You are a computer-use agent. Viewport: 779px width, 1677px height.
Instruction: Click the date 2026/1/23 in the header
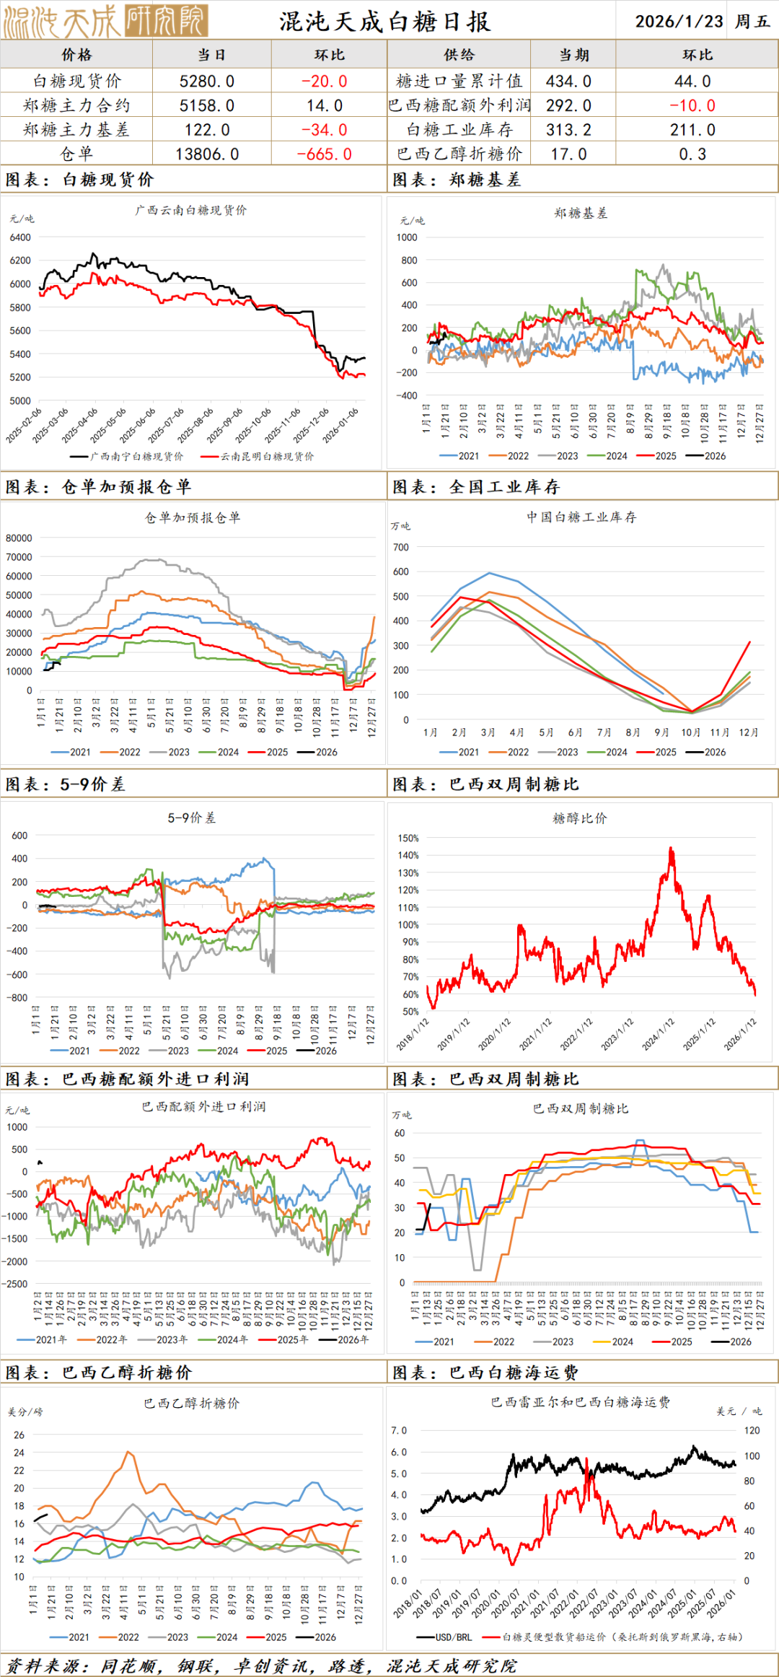click(679, 21)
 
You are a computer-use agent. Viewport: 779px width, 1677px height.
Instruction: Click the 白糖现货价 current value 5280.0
click(207, 82)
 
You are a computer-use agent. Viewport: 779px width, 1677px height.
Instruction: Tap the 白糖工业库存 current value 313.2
click(568, 130)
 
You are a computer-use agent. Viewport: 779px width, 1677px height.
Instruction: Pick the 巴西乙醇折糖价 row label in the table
click(459, 154)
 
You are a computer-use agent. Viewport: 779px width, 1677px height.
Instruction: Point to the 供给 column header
click(459, 55)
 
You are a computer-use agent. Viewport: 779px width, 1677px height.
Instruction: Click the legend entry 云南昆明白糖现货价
click(267, 457)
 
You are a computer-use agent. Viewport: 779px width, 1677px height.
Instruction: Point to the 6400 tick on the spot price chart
click(20, 237)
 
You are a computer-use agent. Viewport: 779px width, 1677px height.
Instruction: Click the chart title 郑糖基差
click(581, 214)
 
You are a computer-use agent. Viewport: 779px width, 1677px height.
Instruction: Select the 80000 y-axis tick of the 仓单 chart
click(19, 538)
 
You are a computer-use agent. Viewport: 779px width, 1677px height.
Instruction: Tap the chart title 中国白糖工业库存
click(581, 517)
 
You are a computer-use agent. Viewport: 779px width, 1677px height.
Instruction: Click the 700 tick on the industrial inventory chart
click(401, 547)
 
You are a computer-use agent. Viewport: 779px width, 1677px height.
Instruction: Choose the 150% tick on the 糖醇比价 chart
click(408, 838)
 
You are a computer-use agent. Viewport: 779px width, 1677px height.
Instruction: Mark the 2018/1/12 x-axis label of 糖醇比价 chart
click(413, 1034)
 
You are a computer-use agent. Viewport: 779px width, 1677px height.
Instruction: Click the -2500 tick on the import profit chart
click(15, 1284)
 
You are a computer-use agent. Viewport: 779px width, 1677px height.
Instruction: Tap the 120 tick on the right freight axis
click(752, 1430)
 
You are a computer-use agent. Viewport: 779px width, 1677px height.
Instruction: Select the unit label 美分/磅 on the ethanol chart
click(25, 1412)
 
